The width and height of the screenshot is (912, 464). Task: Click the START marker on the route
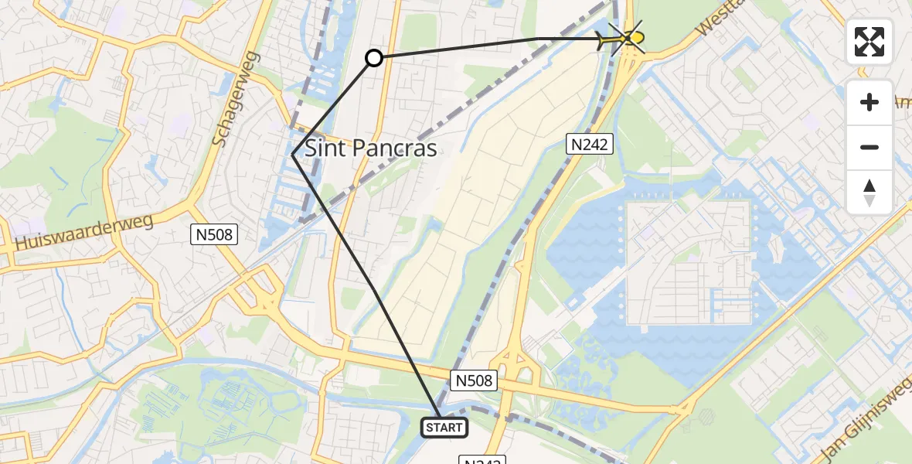point(444,427)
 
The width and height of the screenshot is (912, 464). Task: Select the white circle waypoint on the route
point(374,58)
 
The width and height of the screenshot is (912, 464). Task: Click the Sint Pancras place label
point(371,148)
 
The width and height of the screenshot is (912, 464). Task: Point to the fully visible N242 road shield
point(591,143)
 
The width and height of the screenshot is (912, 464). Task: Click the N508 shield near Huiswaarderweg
point(215,234)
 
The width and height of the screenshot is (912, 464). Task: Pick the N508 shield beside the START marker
point(472,380)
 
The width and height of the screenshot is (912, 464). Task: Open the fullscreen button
point(869,42)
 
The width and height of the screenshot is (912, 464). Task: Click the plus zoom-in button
point(869,102)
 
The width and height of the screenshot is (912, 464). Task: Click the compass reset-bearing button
point(869,193)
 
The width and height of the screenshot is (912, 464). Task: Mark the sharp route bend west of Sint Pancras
point(294,155)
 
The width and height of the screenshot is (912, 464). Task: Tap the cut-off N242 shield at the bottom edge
point(482,460)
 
